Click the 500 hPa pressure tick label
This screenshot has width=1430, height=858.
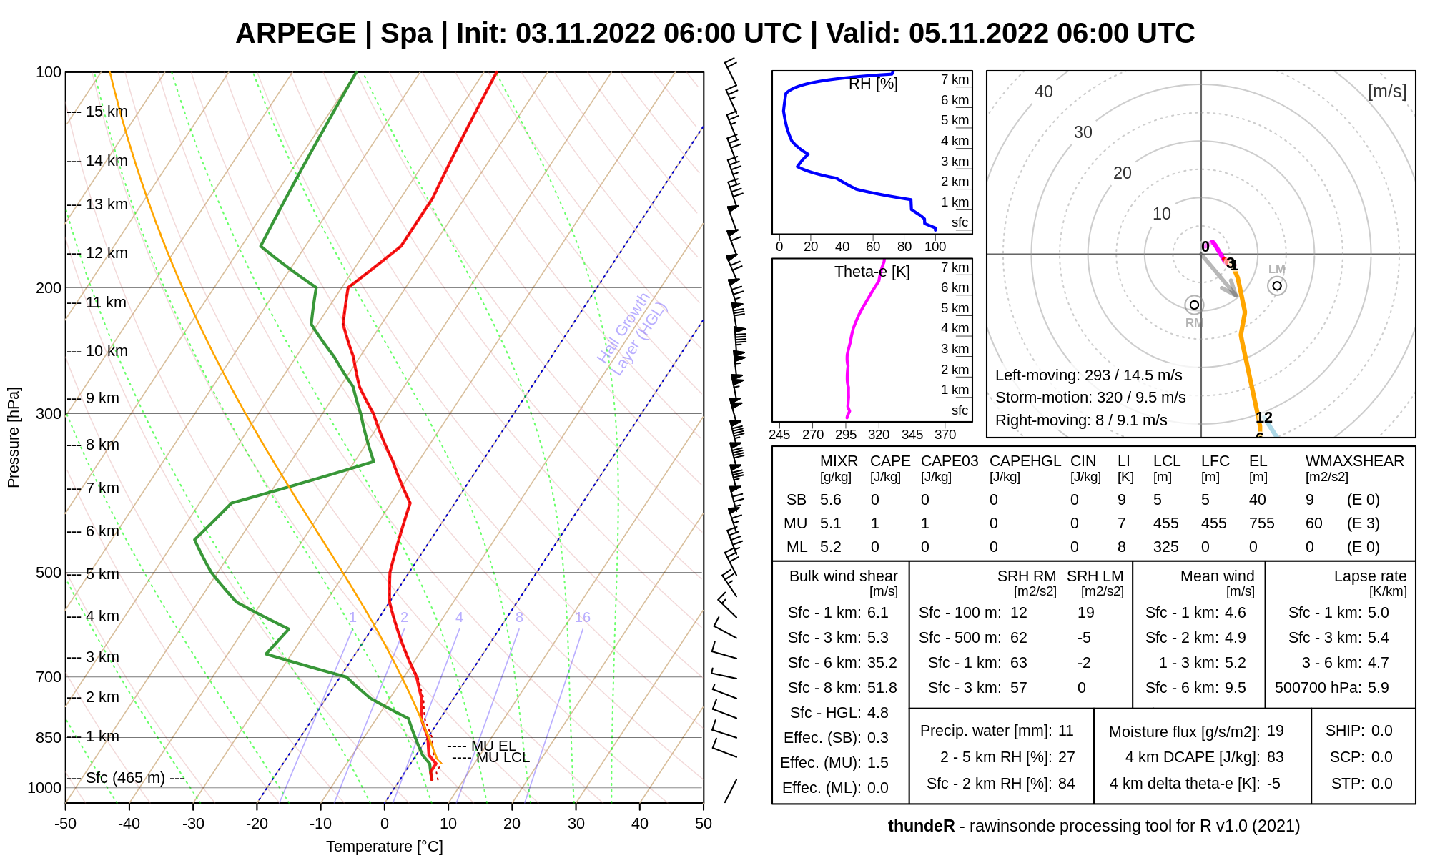(48, 573)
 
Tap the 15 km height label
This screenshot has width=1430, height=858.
(107, 112)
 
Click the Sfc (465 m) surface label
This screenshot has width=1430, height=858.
(125, 778)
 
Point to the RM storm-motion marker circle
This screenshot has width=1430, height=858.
(1194, 305)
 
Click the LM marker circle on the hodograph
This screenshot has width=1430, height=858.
(1277, 286)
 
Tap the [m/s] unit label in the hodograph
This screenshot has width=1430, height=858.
(1386, 92)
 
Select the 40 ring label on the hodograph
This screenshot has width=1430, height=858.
(1044, 92)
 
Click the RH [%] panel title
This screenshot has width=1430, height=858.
(873, 84)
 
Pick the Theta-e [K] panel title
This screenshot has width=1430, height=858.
(872, 272)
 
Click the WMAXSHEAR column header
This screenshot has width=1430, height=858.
(1354, 461)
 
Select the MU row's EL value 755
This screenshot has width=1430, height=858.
(1261, 523)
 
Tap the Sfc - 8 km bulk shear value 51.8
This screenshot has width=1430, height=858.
(882, 688)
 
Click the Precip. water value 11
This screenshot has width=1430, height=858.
(1065, 731)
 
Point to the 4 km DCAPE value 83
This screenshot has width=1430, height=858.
(1275, 757)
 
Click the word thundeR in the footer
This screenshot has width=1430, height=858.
(921, 826)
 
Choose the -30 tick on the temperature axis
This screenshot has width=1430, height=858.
(193, 824)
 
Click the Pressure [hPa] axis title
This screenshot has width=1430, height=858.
(14, 438)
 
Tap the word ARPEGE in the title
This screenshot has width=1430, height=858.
(295, 34)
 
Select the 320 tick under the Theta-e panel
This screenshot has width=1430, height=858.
(879, 434)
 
